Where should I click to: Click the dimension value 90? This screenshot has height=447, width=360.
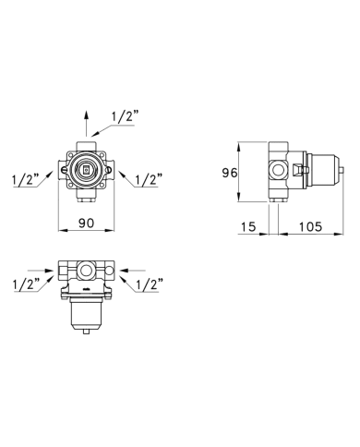coord(86,223)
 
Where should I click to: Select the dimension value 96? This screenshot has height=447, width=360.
coord(230,173)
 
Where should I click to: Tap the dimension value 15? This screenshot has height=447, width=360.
coord(248,227)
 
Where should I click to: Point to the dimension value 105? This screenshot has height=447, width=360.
coord(310,227)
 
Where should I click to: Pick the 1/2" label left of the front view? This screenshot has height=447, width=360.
coord(26,179)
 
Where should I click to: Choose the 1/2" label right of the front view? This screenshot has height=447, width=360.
coord(149,179)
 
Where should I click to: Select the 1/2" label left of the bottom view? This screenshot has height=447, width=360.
coord(27,284)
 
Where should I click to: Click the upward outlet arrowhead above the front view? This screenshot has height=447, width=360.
coord(86,115)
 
